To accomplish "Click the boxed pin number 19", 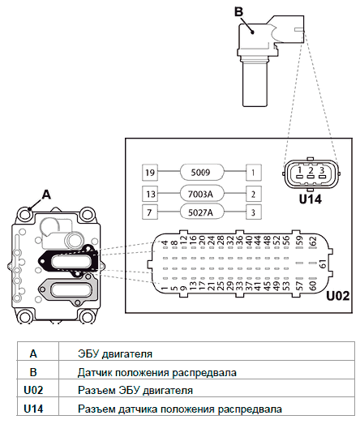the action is [x=150, y=172].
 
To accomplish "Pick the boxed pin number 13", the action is [x=150, y=194].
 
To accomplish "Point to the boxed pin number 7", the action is [x=150, y=212].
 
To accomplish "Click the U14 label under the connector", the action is [x=311, y=199].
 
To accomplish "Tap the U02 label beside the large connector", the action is [x=338, y=296].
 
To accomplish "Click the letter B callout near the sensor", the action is [x=238, y=12].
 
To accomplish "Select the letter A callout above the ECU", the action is [x=46, y=194].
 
